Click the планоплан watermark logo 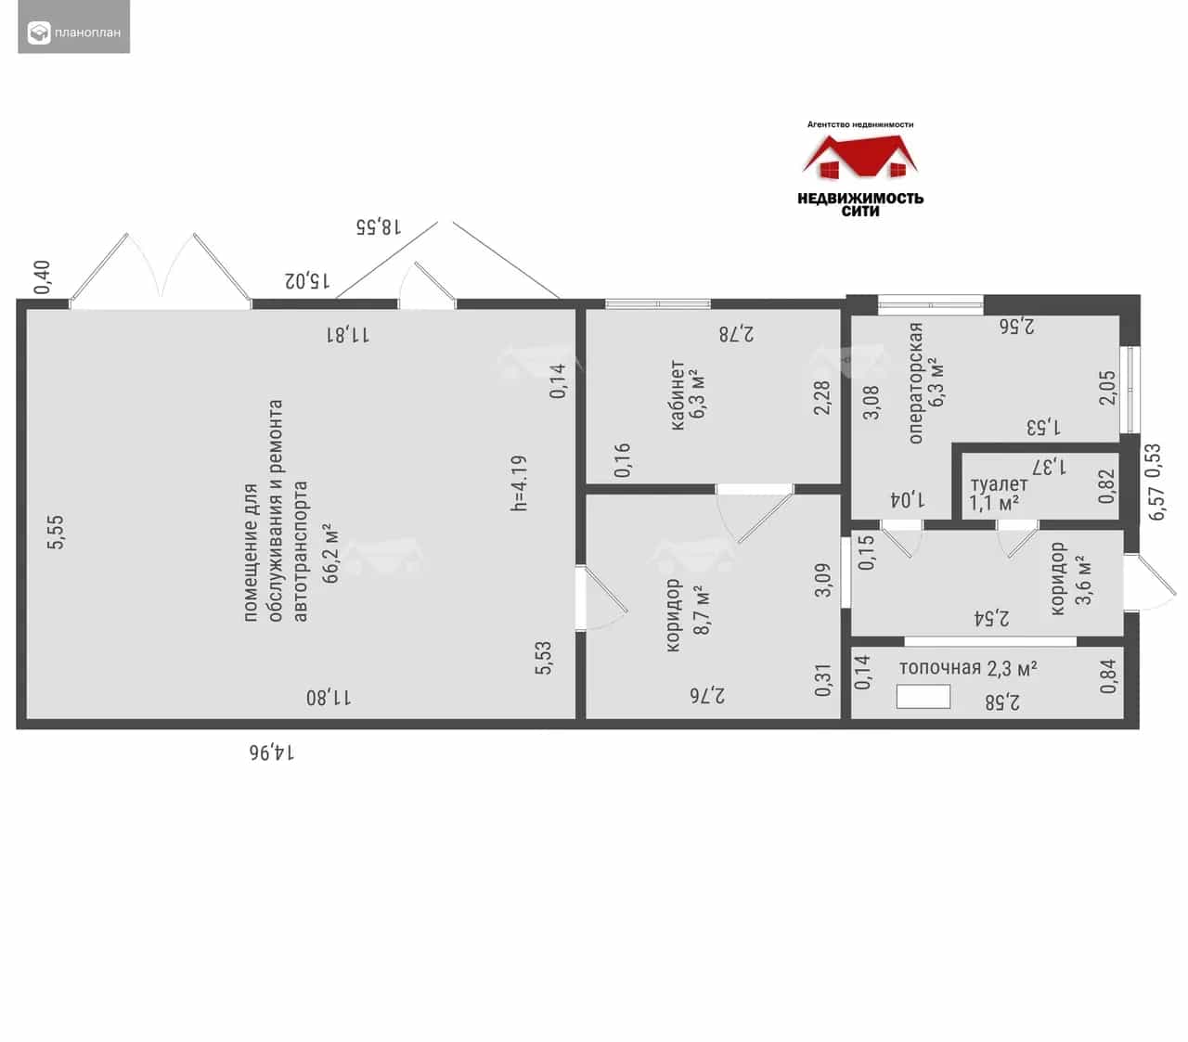[74, 32]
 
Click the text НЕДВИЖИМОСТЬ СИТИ [860, 205]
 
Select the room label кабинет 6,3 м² [687, 394]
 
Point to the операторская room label [915, 382]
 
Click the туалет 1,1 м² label [999, 494]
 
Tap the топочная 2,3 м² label [968, 668]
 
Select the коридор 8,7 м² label [687, 615]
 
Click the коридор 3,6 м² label [1071, 578]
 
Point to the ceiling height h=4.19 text [519, 482]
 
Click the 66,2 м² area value [330, 553]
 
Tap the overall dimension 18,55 [379, 226]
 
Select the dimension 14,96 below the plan [272, 753]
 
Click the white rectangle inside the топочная [923, 697]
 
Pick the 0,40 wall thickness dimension [42, 277]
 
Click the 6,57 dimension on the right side [1156, 504]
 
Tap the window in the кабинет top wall [657, 303]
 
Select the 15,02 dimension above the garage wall [307, 280]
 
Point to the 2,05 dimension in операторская [1107, 388]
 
